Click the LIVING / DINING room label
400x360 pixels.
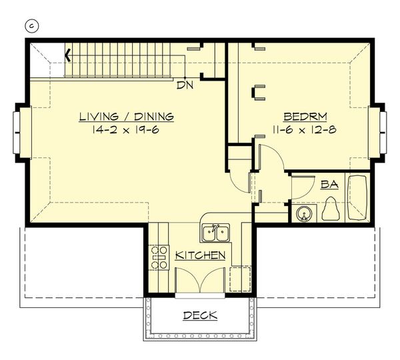126,117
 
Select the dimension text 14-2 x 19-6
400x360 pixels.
126,129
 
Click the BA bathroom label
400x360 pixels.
329,185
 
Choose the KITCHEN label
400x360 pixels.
200,255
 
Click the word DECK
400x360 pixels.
200,315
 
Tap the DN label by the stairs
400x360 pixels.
184,85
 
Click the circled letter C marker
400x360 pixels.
31,26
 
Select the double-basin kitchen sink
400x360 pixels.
215,233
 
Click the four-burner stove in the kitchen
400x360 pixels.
159,257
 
